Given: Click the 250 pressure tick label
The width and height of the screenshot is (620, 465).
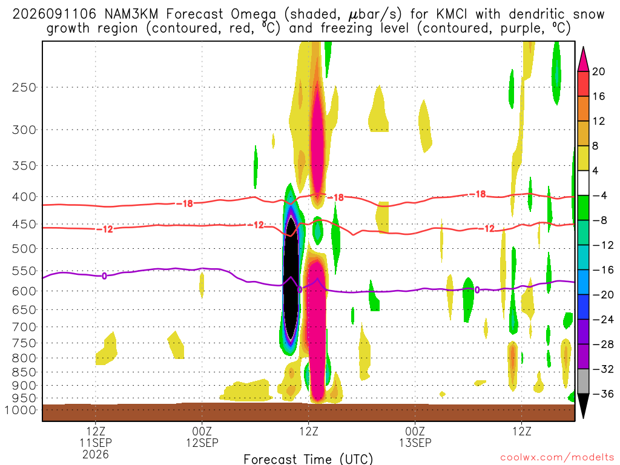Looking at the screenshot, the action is coord(24,87).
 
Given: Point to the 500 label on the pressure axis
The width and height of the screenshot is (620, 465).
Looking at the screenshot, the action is coord(24,249).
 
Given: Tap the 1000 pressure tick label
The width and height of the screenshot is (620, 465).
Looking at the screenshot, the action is coord(21,410).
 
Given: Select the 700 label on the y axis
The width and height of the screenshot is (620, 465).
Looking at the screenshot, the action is coord(24,327).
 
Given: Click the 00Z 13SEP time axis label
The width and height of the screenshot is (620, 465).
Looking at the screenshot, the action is coord(415,437).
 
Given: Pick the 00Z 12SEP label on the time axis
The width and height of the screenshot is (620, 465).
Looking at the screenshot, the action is coord(202,437).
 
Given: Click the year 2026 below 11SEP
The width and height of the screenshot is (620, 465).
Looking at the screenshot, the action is coord(96,454).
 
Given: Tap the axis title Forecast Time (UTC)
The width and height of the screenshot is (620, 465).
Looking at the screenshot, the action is coord(308,459).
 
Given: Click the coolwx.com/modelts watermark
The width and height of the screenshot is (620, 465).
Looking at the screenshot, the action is coord(557,458).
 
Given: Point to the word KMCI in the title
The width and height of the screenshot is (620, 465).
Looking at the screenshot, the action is coord(452,15).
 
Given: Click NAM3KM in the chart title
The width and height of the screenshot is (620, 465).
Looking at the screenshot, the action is coord(131,15).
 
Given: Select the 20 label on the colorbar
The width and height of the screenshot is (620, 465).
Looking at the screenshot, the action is coord(598,71).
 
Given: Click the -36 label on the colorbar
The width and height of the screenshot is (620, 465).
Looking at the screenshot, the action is coord(603,394).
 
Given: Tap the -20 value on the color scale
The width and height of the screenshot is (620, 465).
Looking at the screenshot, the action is coord(603,295).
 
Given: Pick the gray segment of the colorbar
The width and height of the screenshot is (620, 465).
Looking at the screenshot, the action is coord(583,381).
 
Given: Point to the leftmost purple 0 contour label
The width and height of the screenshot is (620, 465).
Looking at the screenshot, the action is coord(104,275).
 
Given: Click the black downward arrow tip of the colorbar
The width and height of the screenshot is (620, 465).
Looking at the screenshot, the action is coord(583,418).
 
